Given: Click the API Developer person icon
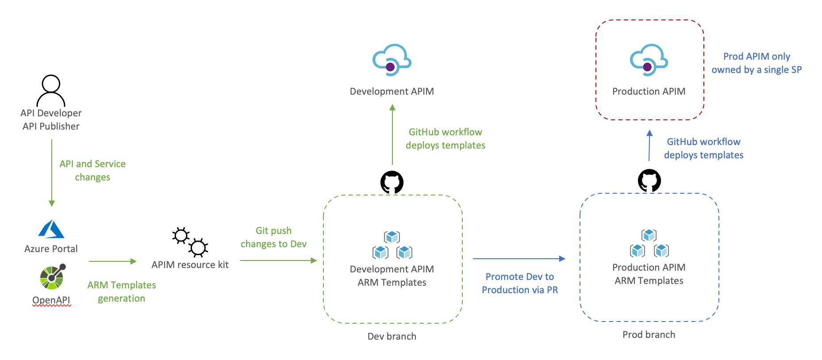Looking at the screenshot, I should [51, 91].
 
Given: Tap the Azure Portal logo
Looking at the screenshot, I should [51, 230].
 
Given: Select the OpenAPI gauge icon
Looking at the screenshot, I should [52, 277].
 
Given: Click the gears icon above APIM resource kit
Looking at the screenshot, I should [190, 242].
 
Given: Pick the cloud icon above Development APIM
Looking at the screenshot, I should [392, 60].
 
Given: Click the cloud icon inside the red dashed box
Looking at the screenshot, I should [649, 60].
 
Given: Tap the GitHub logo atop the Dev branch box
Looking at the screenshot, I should [392, 182].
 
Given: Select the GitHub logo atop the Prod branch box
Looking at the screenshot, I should [649, 180].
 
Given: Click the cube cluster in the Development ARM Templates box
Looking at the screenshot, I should [392, 245].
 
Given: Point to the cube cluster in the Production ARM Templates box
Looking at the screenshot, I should [649, 243].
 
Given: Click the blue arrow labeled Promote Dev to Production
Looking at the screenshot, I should [519, 259].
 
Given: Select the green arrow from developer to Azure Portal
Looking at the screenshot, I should [52, 172].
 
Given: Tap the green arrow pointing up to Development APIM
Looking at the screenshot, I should [392, 134].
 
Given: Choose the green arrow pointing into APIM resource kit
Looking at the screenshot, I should [112, 261].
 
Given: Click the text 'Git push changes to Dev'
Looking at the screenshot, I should [273, 237].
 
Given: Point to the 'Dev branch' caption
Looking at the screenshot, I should [392, 337].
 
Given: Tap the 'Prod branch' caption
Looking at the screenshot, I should [649, 335].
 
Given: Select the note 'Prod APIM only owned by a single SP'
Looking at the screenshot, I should [756, 63].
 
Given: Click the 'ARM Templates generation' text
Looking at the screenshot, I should [122, 292].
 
